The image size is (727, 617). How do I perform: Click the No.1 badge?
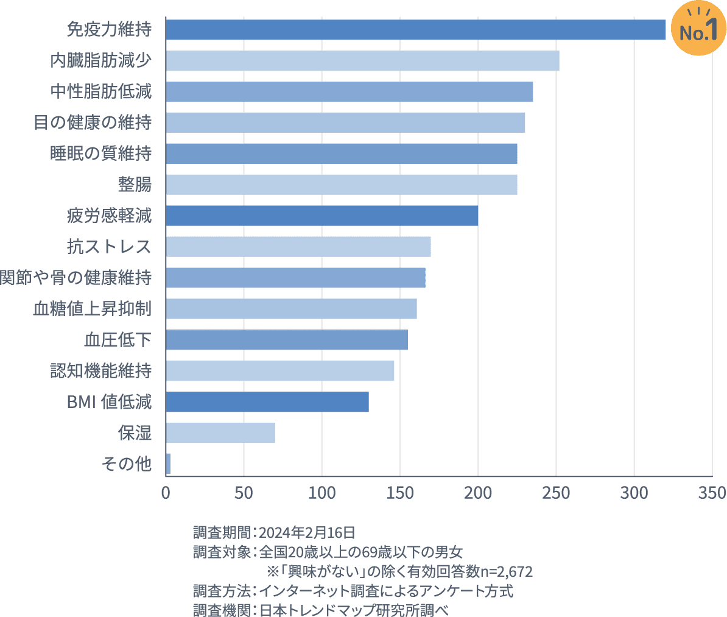point(698,30)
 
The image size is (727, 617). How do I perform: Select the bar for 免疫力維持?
point(415,30)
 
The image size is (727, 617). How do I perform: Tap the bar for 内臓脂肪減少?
point(362,61)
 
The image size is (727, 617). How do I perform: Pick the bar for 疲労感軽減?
point(321,216)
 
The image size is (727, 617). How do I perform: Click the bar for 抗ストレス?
point(298,247)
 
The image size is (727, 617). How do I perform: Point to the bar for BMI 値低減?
point(267,402)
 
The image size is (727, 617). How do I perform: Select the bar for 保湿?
point(220,432)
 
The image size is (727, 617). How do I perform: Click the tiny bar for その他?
point(168,464)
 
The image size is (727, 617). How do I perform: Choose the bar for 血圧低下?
point(287,340)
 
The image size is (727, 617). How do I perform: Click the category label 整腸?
point(135,185)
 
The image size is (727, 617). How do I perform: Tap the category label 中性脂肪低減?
point(100,92)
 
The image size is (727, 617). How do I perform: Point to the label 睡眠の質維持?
point(100,153)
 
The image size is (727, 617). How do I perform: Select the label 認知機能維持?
point(100,371)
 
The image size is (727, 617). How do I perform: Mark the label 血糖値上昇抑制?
point(92,309)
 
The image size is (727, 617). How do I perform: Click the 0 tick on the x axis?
point(166,492)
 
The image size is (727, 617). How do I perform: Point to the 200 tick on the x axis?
point(478,492)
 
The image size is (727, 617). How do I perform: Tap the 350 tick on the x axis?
point(712,492)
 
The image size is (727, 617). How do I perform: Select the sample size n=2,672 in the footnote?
point(506,572)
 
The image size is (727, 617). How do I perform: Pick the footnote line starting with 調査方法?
point(353,591)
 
